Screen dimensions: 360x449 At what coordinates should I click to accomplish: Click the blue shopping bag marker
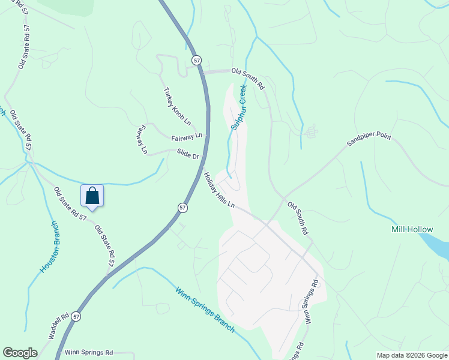pyautogui.click(x=92, y=196)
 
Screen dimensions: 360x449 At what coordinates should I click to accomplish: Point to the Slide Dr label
pyautogui.click(x=188, y=155)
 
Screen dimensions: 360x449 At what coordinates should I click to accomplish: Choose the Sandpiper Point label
pyautogui.click(x=369, y=140)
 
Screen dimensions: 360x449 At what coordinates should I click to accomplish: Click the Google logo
pyautogui.click(x=20, y=353)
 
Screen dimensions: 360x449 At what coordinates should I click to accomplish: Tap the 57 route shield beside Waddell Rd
pyautogui.click(x=76, y=316)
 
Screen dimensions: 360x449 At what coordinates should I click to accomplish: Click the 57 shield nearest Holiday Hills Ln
pyautogui.click(x=182, y=207)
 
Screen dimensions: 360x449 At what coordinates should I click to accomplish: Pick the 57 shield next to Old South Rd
pyautogui.click(x=196, y=61)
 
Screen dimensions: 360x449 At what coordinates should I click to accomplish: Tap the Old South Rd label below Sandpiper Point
pyautogui.click(x=298, y=218)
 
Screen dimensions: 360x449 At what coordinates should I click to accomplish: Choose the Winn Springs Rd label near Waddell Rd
pyautogui.click(x=89, y=352)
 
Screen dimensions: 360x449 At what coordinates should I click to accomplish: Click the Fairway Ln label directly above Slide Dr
pyautogui.click(x=187, y=137)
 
